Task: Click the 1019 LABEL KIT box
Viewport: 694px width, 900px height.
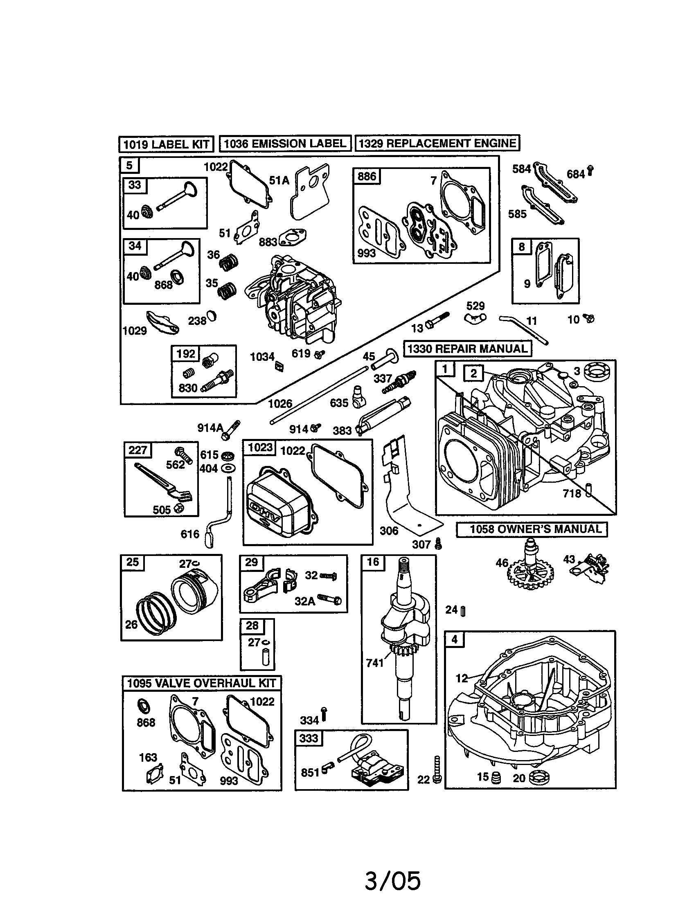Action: point(166,144)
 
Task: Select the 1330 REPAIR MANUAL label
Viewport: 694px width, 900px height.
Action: point(467,349)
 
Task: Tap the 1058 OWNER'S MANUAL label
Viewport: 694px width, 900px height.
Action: point(532,529)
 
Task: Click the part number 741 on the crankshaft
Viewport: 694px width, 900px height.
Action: point(374,663)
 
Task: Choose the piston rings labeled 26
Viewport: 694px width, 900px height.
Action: point(155,614)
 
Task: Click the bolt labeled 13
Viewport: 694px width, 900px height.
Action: point(437,321)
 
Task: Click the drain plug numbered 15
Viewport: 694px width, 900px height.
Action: point(496,778)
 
